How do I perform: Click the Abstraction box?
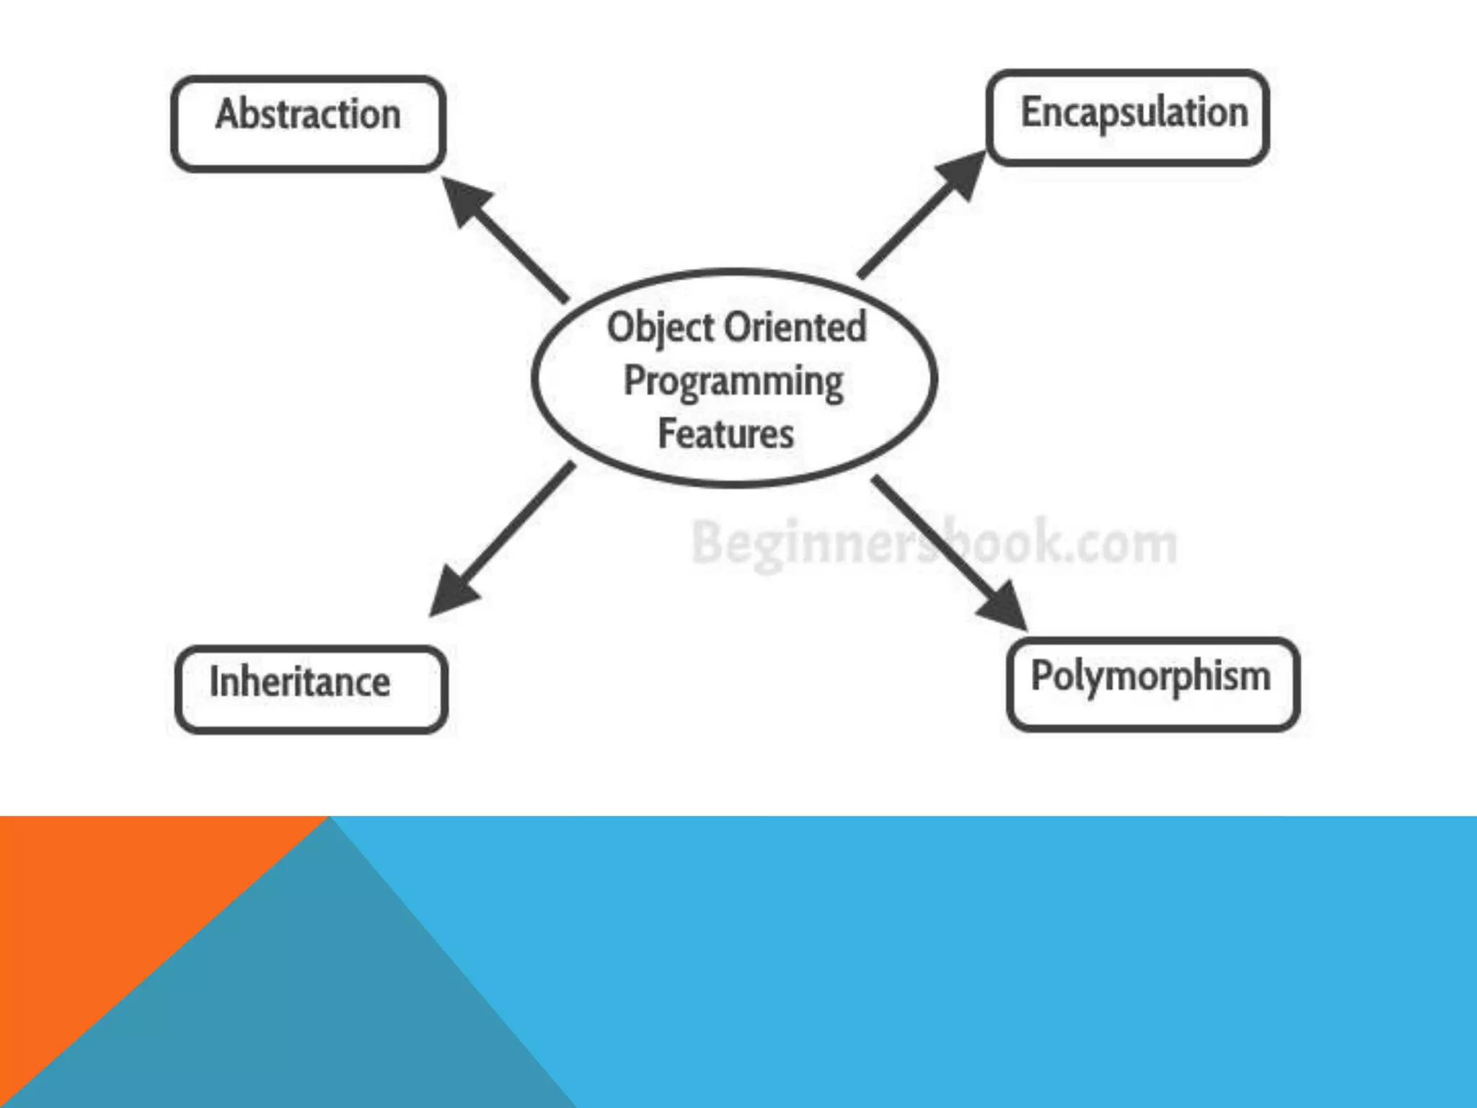(x=308, y=123)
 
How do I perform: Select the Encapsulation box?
(x=1128, y=118)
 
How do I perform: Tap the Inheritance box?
(x=311, y=690)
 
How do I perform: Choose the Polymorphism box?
(x=1152, y=684)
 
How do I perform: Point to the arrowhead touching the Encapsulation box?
(x=963, y=174)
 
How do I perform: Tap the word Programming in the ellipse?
(x=733, y=382)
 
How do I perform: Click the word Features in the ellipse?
(x=726, y=434)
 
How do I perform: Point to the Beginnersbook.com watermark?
(x=933, y=542)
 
